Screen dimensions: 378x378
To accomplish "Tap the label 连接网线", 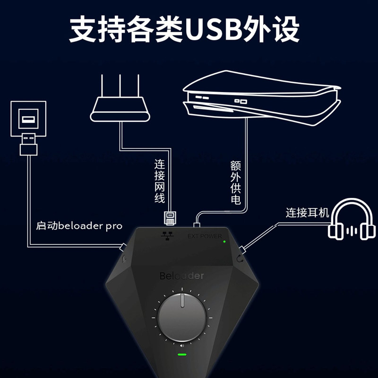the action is pyautogui.click(x=160, y=181).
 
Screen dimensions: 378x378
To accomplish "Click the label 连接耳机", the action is pyautogui.click(x=307, y=213).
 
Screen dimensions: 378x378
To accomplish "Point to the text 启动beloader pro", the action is pyautogui.click(x=79, y=225).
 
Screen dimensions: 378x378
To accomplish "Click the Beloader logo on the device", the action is pyautogui.click(x=181, y=275).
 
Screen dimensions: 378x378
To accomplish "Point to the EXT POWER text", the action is pyautogui.click(x=204, y=236).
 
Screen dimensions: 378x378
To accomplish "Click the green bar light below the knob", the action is pyautogui.click(x=182, y=354).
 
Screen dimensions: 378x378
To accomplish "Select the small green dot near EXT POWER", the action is pyautogui.click(x=225, y=241).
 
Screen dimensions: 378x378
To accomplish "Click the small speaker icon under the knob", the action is pyautogui.click(x=182, y=345).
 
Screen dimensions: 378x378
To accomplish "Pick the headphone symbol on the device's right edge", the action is pyautogui.click(x=241, y=258).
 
